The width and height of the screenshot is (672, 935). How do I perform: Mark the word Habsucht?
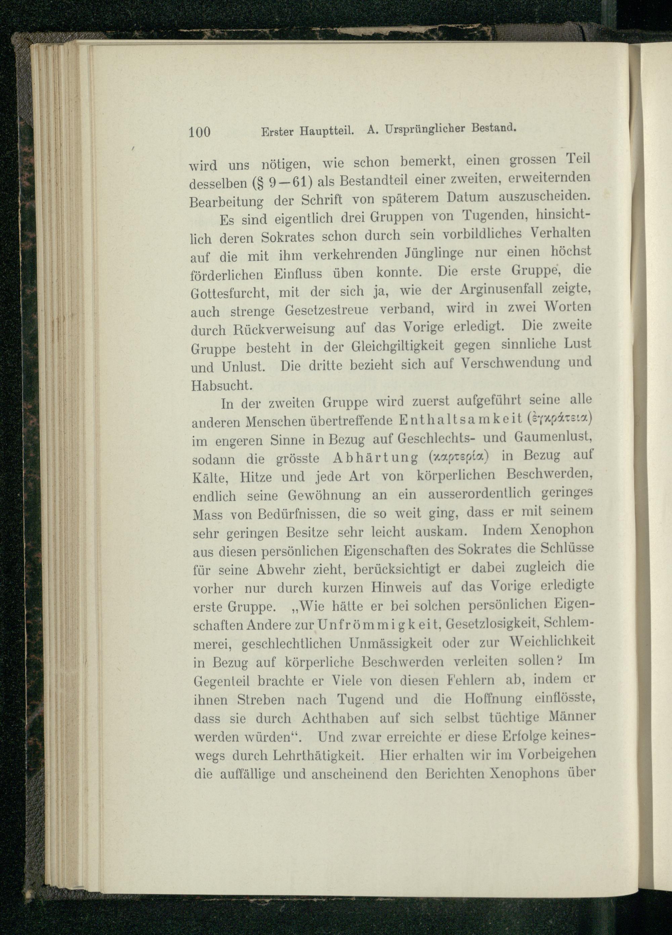221,385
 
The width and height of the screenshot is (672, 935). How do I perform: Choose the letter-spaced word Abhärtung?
373,458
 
